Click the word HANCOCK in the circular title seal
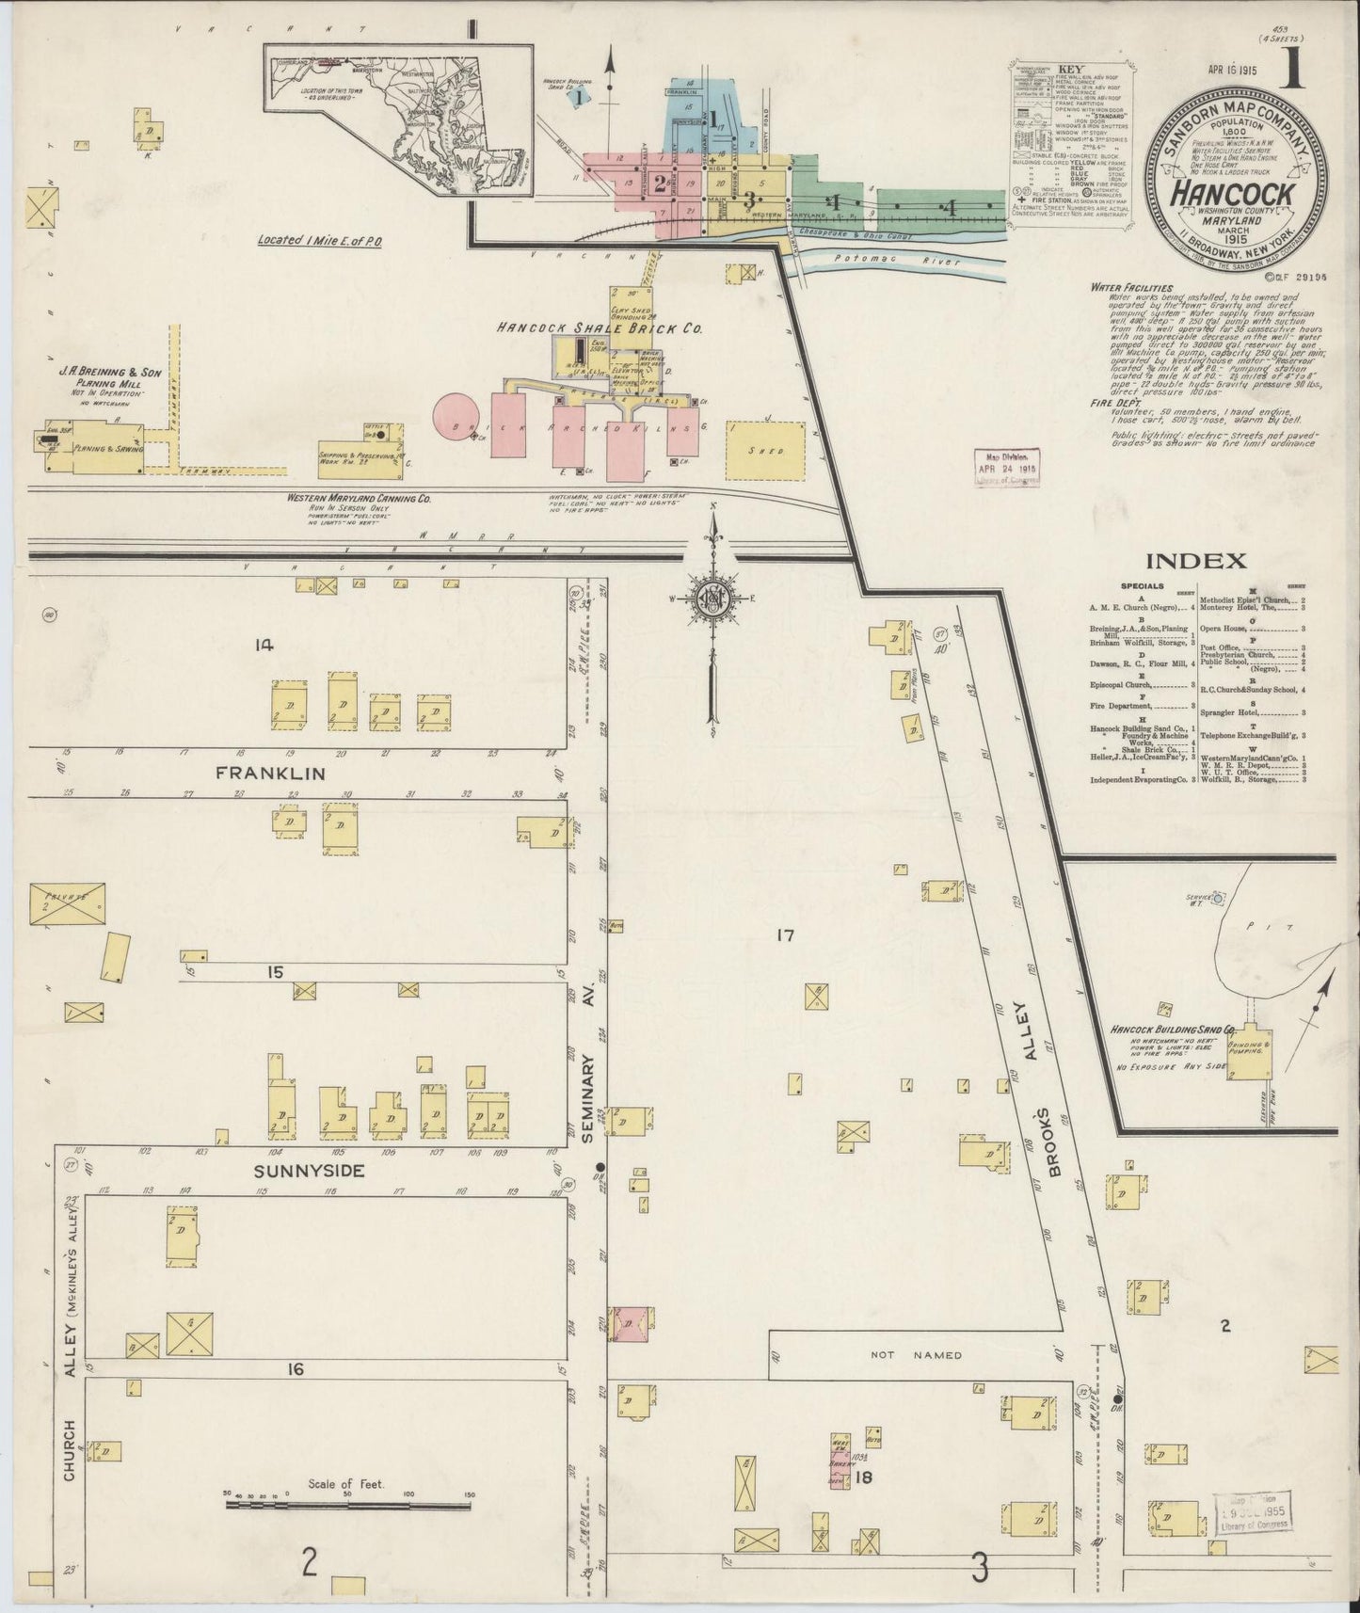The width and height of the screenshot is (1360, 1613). tap(1231, 194)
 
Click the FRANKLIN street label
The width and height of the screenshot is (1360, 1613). tap(270, 774)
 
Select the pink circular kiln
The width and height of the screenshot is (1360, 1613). tap(456, 416)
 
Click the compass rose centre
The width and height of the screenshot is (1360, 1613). tap(712, 599)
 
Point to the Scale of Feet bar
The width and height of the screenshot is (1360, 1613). tap(347, 1505)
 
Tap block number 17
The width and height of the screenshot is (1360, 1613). tap(786, 935)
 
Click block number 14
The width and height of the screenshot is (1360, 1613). tap(264, 645)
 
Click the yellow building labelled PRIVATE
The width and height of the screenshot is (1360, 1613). tap(68, 903)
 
